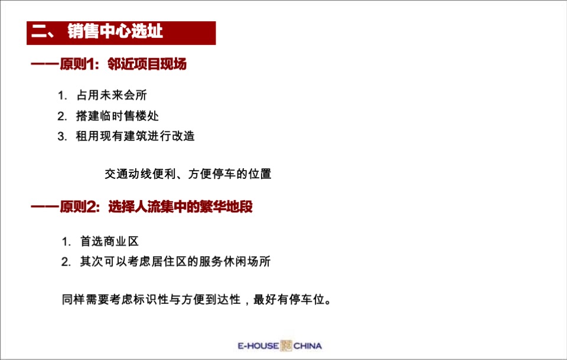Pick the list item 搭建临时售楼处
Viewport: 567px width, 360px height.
pyautogui.click(x=117, y=116)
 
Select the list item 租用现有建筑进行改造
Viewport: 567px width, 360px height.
pyautogui.click(x=135, y=136)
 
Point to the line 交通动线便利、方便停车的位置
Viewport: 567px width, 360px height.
pyautogui.click(x=188, y=174)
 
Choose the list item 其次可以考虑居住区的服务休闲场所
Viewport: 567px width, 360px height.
pyautogui.click(x=175, y=261)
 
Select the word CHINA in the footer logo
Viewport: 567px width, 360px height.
pyautogui.click(x=308, y=346)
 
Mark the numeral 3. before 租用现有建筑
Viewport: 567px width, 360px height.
pyautogui.click(x=62, y=136)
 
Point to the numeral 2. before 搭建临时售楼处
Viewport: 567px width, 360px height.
pyautogui.click(x=62, y=116)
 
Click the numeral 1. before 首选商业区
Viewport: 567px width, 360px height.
pyautogui.click(x=67, y=241)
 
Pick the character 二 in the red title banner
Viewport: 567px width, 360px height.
pyautogui.click(x=39, y=32)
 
